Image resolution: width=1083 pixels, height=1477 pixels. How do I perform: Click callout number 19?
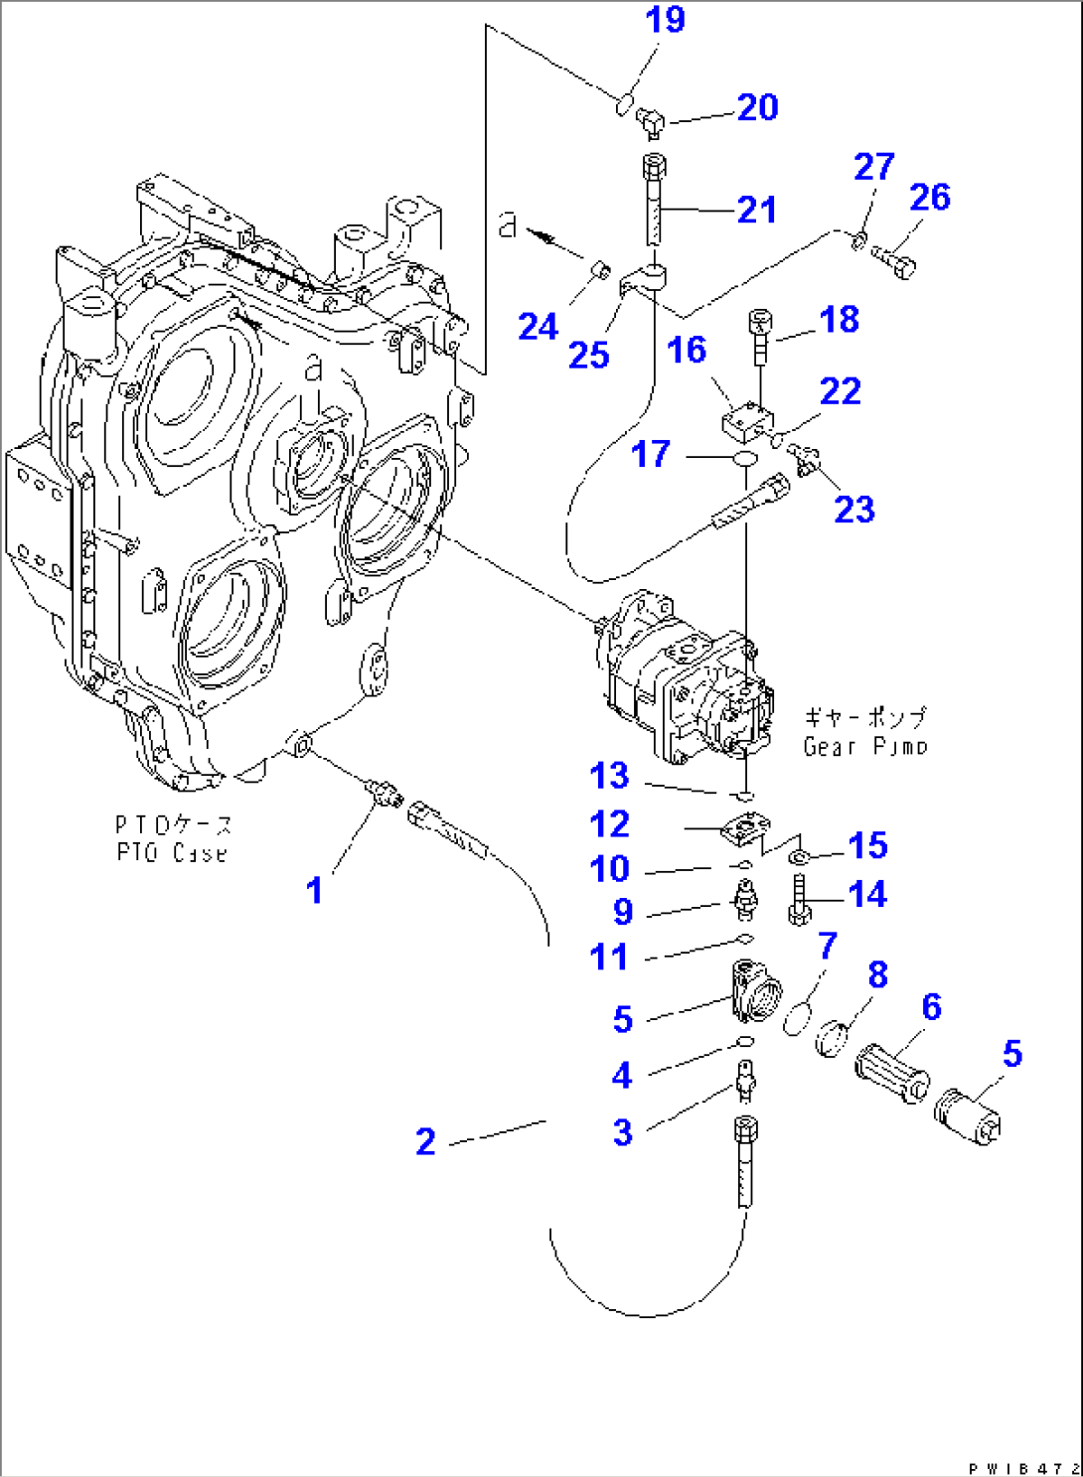point(665,20)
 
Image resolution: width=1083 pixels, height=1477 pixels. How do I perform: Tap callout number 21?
point(756,210)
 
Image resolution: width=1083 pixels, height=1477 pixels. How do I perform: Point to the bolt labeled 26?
point(897,262)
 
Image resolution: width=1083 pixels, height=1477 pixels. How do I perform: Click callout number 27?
point(873,167)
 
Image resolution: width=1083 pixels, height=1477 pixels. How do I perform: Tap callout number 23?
point(853,510)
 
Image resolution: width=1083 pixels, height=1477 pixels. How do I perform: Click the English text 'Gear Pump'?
point(864,746)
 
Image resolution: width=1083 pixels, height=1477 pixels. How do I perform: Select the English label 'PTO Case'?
point(171,853)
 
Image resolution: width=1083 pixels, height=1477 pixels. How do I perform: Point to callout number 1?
point(314,890)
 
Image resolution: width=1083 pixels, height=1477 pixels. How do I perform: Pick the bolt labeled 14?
point(799,900)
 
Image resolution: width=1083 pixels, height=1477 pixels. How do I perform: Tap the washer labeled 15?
point(798,855)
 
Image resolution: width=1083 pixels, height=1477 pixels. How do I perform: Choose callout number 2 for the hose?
point(425,1141)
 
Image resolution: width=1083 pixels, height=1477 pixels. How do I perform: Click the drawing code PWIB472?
point(1023,1467)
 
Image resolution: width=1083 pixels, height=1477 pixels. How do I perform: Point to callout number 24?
point(538,326)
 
